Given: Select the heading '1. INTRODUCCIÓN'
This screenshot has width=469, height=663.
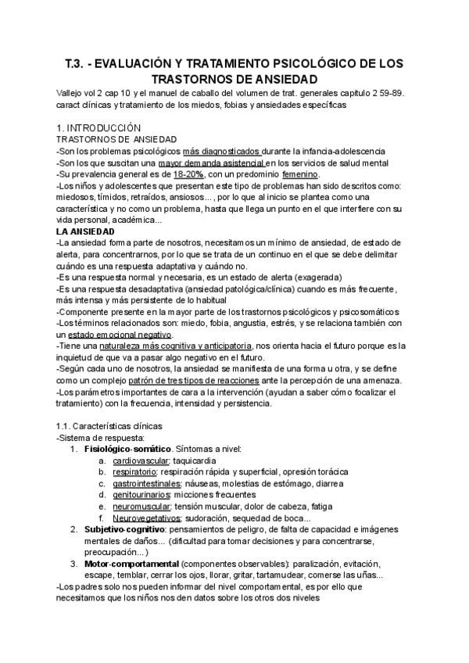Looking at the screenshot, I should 99,127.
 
